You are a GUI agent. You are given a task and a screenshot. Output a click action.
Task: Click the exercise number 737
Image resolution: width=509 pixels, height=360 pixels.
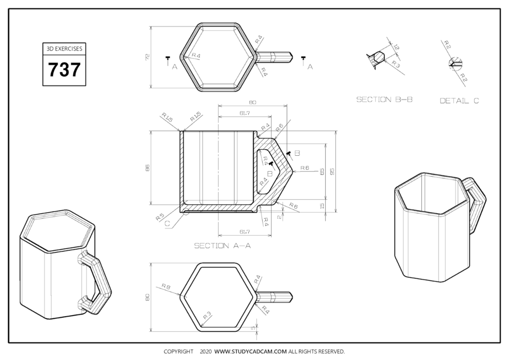(64, 70)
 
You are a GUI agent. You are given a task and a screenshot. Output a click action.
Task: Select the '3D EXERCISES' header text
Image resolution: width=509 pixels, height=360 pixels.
(64, 49)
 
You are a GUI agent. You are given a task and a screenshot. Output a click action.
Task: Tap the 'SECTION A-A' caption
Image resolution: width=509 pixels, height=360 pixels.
(222, 246)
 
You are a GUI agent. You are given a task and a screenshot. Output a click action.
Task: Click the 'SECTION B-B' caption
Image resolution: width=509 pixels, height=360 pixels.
(384, 100)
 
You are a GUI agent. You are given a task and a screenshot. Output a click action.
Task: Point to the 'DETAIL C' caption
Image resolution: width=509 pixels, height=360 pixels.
(459, 101)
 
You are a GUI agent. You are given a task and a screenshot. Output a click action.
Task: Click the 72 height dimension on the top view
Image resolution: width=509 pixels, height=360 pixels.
(147, 57)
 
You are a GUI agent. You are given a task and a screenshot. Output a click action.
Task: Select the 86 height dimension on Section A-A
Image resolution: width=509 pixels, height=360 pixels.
(147, 168)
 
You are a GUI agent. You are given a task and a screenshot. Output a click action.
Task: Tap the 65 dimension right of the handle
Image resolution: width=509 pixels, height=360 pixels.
(322, 171)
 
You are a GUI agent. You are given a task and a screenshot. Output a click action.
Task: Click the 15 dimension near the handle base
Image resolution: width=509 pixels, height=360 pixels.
(322, 206)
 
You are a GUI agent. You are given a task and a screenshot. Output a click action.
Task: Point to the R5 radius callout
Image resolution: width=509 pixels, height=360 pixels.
(160, 215)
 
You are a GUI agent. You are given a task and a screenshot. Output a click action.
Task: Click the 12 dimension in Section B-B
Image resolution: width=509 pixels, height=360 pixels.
(397, 48)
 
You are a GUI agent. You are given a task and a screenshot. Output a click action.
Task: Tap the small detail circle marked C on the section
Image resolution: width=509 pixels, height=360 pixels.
(186, 213)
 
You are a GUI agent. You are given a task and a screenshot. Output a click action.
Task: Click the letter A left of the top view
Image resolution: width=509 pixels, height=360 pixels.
(174, 66)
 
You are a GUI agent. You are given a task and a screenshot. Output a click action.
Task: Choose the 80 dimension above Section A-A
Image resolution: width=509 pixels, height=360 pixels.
(252, 102)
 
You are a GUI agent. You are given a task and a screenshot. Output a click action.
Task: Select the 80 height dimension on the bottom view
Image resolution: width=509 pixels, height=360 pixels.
(147, 296)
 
